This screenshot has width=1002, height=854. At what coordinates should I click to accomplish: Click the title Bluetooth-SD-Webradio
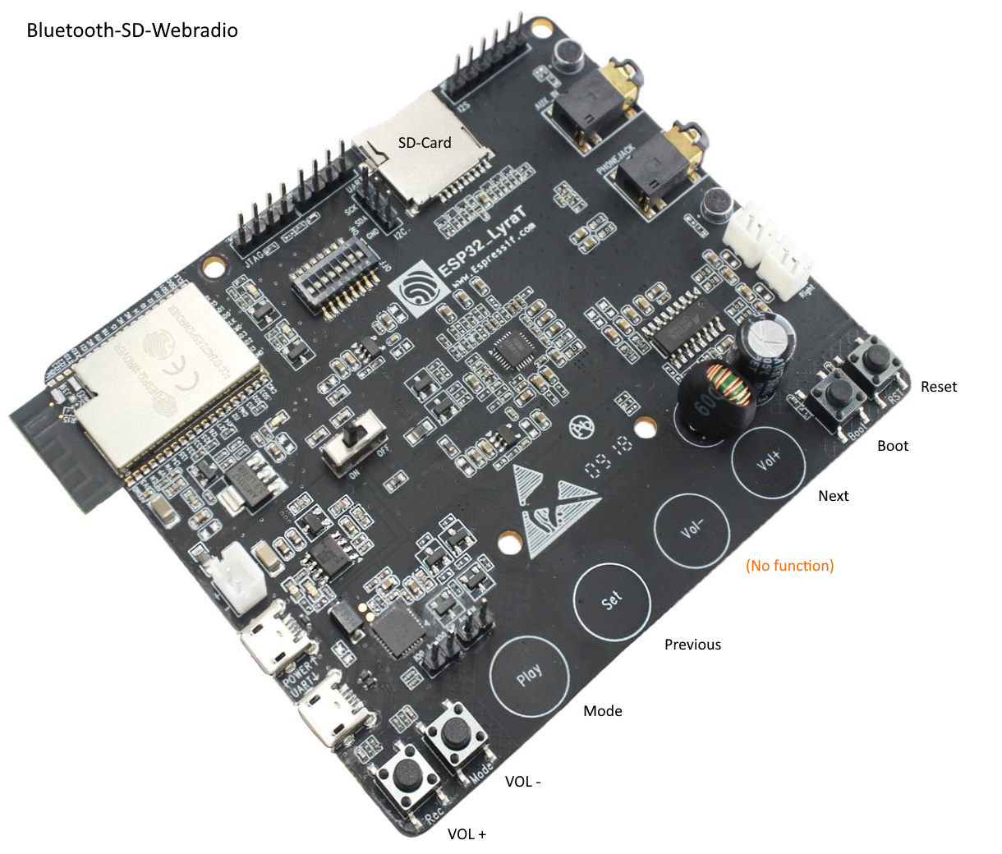(132, 31)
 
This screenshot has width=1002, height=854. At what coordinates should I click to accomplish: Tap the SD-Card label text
(425, 143)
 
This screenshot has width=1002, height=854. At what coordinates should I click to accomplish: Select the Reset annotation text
(939, 387)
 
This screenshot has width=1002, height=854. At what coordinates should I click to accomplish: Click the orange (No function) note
(789, 566)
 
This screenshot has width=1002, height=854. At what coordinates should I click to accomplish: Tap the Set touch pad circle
(612, 602)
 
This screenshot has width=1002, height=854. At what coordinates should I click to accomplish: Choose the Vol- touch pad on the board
(692, 530)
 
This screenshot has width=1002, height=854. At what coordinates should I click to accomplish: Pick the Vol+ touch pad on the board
(769, 461)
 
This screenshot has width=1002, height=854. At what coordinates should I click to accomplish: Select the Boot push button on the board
(838, 393)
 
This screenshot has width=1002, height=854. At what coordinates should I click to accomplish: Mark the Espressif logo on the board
(420, 289)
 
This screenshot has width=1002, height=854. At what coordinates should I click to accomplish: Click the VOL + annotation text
(467, 834)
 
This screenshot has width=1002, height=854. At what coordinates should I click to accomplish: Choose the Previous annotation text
(692, 645)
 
